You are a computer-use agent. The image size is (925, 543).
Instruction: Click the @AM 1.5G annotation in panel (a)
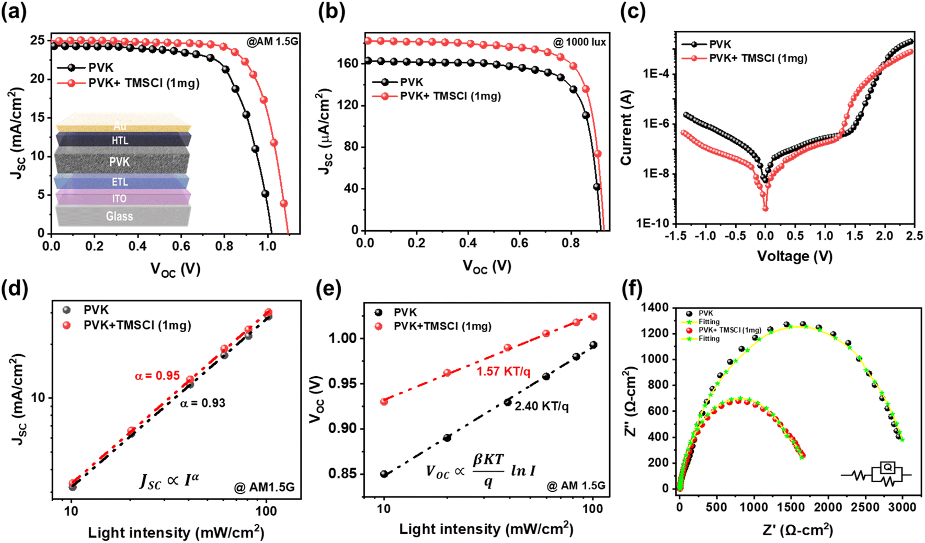pos(272,41)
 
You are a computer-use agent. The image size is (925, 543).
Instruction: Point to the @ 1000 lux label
pos(580,42)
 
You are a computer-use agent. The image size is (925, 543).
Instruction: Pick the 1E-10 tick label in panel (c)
pos(653,223)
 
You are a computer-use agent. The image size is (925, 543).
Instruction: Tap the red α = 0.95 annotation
pos(157,376)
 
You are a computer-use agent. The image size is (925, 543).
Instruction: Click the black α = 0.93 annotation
pos(203,403)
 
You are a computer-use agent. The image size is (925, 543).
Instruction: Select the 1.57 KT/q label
pos(503,371)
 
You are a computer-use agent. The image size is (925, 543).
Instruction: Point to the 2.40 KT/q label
pos(542,406)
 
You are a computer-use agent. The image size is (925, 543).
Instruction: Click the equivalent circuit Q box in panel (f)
pos(887,468)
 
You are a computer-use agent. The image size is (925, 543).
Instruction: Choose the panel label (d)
pos(15,289)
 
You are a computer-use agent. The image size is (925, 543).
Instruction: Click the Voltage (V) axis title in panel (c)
pos(795,256)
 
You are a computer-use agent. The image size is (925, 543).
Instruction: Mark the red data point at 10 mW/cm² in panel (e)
pos(384,402)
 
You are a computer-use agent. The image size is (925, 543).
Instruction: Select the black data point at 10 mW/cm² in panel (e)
pos(384,474)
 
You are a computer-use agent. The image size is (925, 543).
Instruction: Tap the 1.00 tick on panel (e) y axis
pos(342,338)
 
